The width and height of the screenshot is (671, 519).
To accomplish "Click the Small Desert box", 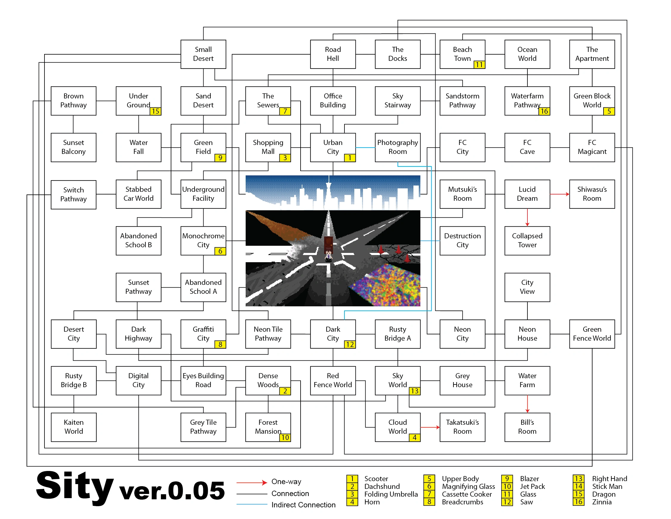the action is point(203,54).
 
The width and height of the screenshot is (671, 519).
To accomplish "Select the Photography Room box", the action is point(397,147).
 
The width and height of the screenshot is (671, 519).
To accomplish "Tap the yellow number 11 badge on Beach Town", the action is point(479,64).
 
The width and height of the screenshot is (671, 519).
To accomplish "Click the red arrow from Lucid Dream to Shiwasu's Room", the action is point(559,194).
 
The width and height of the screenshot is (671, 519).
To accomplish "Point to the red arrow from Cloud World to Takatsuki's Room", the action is point(430,427).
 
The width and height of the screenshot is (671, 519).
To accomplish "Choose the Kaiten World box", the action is point(73,427).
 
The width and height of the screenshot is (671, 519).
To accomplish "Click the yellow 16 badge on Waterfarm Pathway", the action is point(544,111).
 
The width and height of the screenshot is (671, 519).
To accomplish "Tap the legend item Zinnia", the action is point(601,502).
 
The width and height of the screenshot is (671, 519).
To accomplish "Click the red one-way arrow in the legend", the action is point(252,482).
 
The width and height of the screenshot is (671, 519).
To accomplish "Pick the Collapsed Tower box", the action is point(527,240).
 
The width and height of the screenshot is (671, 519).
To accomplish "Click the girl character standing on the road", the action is point(328,255).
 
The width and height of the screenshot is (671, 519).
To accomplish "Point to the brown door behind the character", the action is point(328,243).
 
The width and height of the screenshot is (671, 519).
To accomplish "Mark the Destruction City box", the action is point(462,240).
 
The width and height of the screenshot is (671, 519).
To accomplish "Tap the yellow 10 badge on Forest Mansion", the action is point(285,437).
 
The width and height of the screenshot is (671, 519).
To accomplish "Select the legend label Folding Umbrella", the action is point(391,494).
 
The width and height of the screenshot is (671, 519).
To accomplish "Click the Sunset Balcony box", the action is point(73,147).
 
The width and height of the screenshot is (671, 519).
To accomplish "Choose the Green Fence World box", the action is point(592,334).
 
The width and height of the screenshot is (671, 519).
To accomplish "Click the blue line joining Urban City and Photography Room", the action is point(365,148).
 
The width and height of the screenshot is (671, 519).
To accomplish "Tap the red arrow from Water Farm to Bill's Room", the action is point(527,404).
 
